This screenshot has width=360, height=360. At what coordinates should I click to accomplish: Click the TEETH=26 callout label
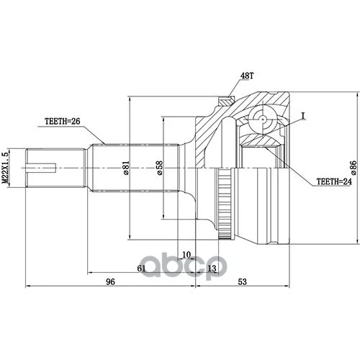click(63, 122)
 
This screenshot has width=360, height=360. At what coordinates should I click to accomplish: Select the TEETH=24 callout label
click(334, 181)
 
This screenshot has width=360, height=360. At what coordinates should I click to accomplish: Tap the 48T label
click(247, 76)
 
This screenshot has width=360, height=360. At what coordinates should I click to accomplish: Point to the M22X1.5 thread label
click(5, 167)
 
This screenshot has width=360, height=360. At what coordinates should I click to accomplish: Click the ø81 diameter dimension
click(127, 168)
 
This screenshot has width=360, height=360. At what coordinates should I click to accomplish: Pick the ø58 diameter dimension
click(159, 168)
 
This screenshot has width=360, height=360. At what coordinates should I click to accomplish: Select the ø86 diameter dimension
click(354, 168)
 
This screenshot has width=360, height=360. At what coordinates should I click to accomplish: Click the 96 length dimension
click(111, 282)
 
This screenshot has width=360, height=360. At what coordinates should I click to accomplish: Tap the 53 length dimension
click(243, 282)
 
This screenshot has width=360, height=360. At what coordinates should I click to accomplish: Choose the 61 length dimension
click(141, 268)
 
